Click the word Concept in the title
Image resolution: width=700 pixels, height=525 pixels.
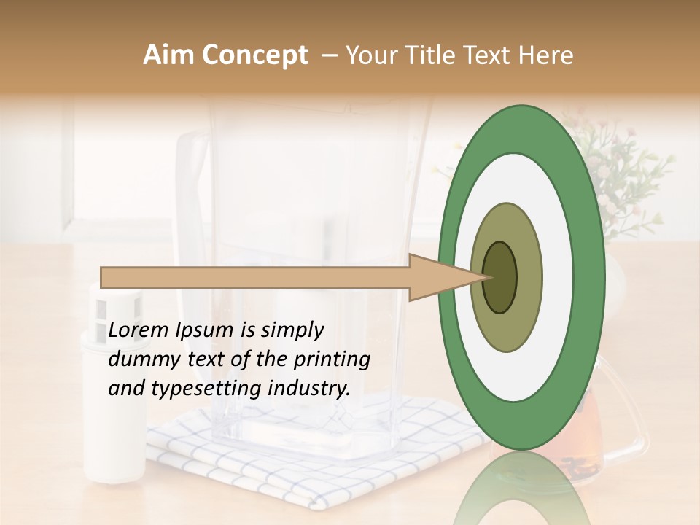(x=255, y=55)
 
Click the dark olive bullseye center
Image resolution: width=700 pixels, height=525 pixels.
(x=499, y=277)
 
